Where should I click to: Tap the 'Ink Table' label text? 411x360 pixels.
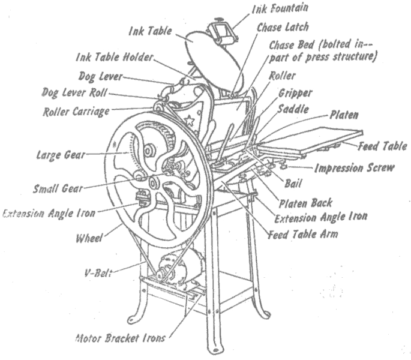pyautogui.click(x=149, y=29)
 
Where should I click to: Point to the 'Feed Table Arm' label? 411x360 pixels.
pyautogui.click(x=303, y=234)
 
